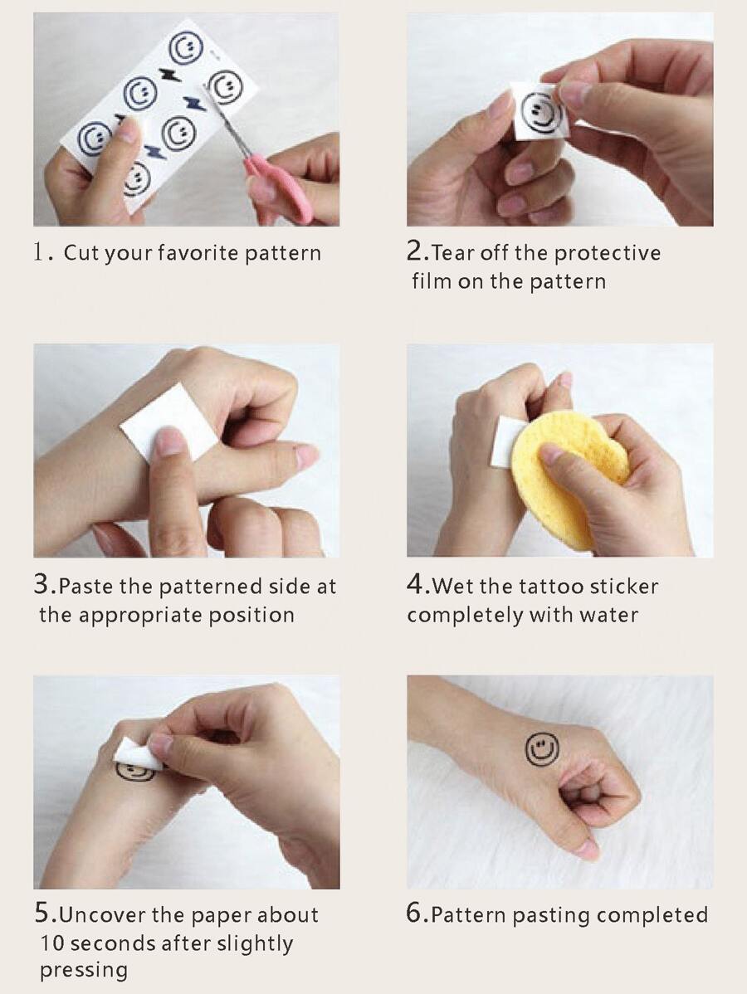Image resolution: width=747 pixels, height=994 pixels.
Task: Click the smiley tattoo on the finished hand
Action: pos(542,748)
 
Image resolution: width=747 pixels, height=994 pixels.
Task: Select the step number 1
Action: pos(39,251)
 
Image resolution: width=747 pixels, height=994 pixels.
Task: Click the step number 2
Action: pos(415,251)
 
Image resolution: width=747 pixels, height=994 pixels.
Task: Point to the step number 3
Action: pos(41,584)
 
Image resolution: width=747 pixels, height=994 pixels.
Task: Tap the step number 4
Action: pos(415,584)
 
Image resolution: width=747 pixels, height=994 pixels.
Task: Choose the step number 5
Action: pos(42,914)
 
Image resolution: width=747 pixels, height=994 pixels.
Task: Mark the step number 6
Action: pos(415,914)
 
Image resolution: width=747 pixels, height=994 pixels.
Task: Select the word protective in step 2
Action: pos(608,254)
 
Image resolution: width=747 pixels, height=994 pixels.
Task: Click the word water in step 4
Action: pos(607,615)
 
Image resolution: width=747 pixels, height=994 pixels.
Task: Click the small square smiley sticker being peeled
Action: pos(541,111)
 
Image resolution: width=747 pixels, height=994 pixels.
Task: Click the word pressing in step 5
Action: pos(84,971)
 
